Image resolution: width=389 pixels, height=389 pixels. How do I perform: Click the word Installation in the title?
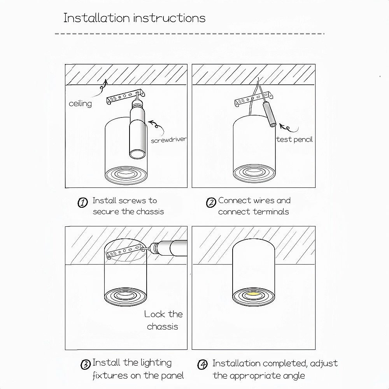point(96,18)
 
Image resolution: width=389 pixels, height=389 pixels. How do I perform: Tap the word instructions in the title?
point(170,18)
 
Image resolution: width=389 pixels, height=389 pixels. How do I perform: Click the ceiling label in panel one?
point(80,104)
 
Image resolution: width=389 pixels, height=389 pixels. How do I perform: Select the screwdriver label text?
point(169,140)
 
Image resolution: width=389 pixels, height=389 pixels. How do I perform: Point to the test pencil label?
point(294,139)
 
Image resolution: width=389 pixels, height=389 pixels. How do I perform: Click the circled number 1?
point(82,202)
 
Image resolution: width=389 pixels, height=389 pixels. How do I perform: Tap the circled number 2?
point(211,202)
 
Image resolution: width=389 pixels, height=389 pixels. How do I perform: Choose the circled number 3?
point(86,364)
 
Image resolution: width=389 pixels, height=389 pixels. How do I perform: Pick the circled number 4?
point(202,364)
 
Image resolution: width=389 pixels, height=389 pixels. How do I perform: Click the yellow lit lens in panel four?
point(253,294)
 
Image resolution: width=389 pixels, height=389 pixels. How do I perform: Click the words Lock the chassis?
point(163,320)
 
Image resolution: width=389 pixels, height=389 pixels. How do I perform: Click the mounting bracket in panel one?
point(126,96)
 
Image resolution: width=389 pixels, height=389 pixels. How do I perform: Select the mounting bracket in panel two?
point(254,99)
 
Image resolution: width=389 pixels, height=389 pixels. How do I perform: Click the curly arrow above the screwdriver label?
point(156,127)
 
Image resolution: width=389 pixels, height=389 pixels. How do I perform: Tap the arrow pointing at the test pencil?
point(289,128)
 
